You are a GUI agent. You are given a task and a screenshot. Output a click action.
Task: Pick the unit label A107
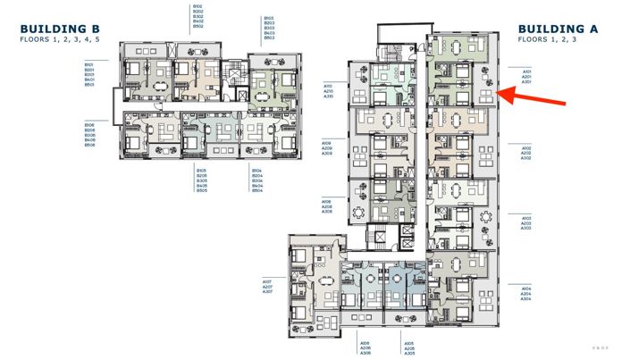click(x=267, y=281)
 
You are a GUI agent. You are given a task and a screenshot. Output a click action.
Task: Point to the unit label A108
click(x=327, y=202)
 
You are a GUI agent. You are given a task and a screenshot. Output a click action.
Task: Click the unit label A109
click(x=327, y=143)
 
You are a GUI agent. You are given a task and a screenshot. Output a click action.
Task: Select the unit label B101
click(x=89, y=64)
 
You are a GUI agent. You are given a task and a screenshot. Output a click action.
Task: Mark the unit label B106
click(x=89, y=124)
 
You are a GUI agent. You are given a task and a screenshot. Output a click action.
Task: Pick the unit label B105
click(x=202, y=170)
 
